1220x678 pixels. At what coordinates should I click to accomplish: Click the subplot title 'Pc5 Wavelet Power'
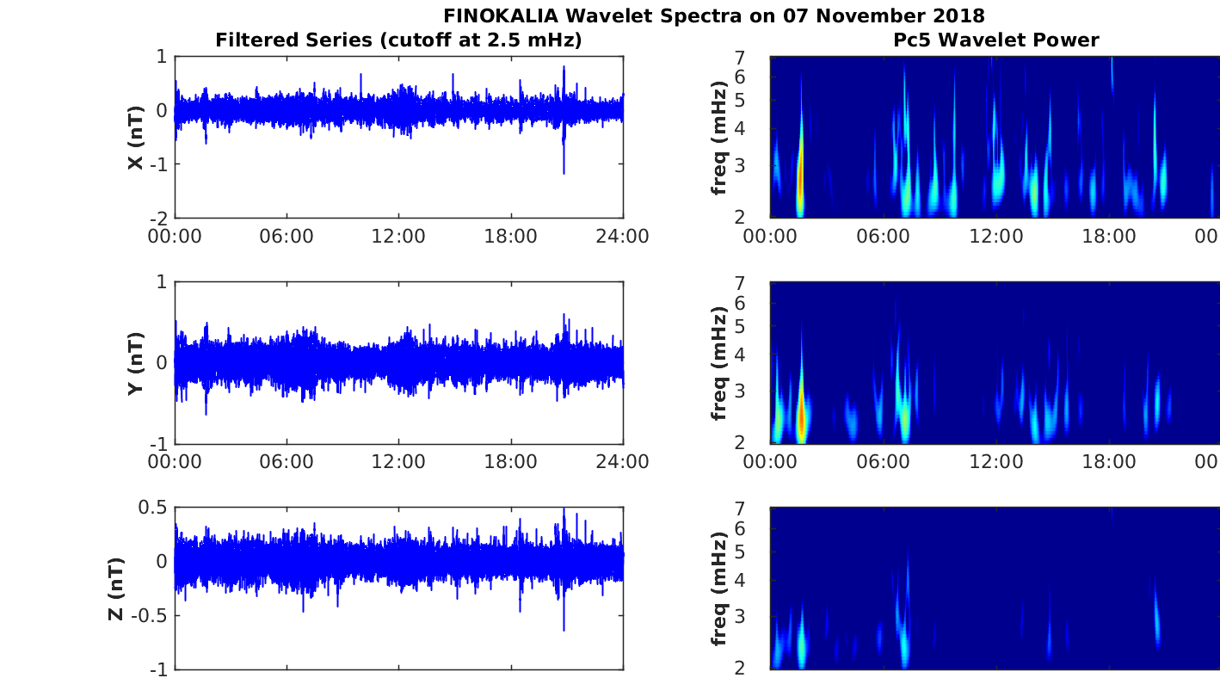coord(995,40)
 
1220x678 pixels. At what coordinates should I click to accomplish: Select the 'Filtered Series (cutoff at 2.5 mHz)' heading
coord(398,40)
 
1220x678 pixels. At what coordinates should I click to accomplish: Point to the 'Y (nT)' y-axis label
coord(135,363)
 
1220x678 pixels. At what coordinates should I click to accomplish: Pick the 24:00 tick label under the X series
coord(623,236)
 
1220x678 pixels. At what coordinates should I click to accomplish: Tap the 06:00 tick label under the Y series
coord(287,462)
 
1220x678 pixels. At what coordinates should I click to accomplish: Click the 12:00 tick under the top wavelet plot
coord(996,236)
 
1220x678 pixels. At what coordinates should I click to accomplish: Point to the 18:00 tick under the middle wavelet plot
coord(1109,462)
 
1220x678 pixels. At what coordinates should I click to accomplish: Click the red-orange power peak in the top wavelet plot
coord(800,185)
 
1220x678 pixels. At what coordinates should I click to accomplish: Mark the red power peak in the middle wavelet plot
coord(802,417)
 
